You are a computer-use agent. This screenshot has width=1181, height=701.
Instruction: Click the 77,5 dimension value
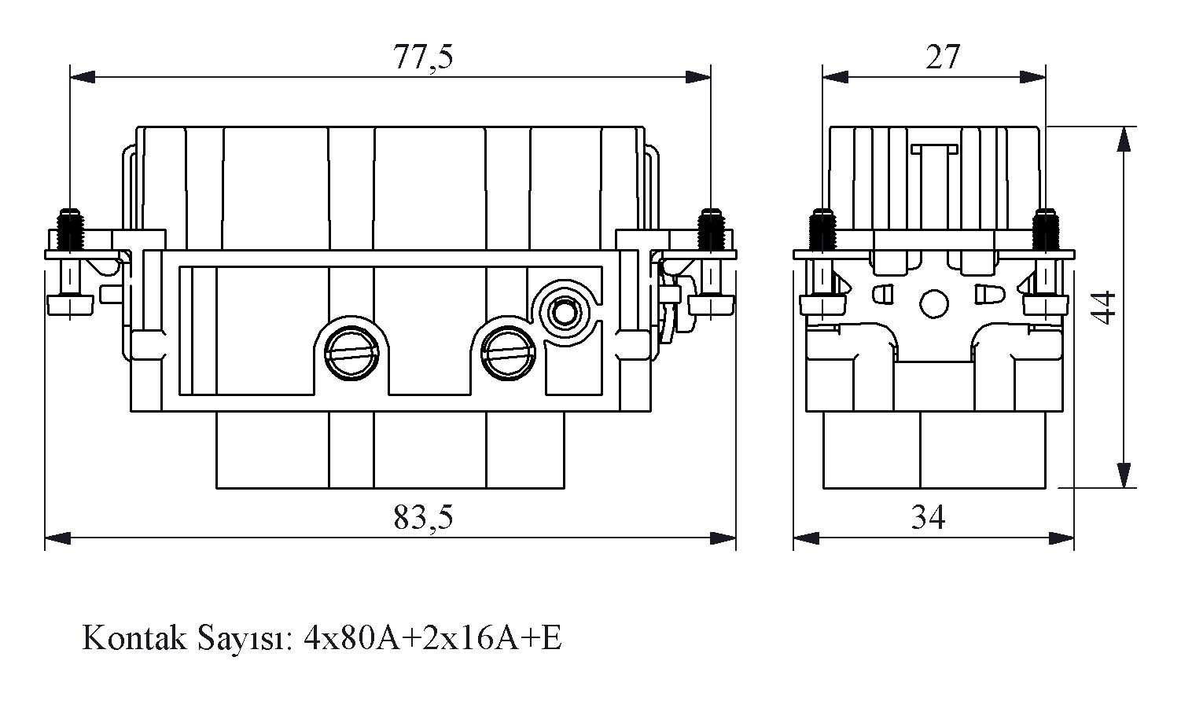click(424, 57)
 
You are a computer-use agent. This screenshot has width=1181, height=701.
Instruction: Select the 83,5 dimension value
click(424, 517)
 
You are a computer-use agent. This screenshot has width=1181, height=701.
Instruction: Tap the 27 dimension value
click(943, 57)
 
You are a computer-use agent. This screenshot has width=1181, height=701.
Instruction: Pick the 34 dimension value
click(929, 517)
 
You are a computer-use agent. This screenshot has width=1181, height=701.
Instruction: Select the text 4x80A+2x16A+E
click(432, 638)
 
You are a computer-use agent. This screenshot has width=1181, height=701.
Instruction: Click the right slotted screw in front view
click(507, 350)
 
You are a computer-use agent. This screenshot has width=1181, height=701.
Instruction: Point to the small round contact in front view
click(563, 312)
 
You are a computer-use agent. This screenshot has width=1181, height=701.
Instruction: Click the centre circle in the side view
click(933, 303)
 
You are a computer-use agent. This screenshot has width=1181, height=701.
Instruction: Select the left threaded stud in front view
click(71, 228)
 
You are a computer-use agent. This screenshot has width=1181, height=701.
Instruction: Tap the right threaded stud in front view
click(711, 228)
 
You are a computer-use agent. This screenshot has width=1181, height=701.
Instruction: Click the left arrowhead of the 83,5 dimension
click(57, 538)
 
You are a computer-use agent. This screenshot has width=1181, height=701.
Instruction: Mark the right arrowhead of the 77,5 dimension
click(699, 77)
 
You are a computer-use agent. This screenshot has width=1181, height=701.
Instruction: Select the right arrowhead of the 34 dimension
click(1062, 538)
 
